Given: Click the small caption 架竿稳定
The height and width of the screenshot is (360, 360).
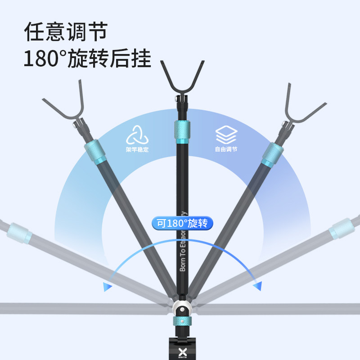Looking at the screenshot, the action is point(137,149).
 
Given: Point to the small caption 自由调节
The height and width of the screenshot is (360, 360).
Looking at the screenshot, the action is point(226,149).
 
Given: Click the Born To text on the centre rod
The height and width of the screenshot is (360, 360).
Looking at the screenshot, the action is point(182,261).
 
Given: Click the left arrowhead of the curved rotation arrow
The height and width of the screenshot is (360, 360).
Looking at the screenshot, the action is point(107,287).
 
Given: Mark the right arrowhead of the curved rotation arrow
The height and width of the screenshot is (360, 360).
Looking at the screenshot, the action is point(257,286).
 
